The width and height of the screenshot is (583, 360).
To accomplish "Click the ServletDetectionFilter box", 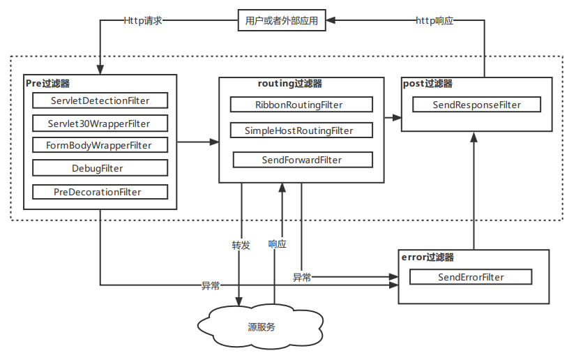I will click(x=100, y=100).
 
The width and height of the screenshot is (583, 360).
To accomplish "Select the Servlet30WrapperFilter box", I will click(x=100, y=123).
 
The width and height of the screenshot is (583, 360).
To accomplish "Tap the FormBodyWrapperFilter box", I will click(x=100, y=146).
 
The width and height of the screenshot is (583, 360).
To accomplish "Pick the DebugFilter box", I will click(x=100, y=168).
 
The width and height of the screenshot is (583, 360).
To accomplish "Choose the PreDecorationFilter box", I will click(x=100, y=192).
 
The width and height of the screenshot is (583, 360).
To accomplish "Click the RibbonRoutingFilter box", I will click(x=302, y=105).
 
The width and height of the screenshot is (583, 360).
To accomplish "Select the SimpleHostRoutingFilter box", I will click(x=302, y=130).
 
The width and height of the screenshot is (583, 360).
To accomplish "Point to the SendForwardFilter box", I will click(x=302, y=160).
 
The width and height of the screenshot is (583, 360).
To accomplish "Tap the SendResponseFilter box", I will click(x=476, y=105).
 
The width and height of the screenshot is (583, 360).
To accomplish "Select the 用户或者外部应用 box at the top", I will click(x=282, y=21).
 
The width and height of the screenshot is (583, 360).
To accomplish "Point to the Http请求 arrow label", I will click(x=143, y=21).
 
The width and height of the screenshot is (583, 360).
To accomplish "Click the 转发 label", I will click(x=241, y=245).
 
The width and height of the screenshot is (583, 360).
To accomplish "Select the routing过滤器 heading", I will click(x=290, y=83).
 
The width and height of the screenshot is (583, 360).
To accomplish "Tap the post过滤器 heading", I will click(x=428, y=83).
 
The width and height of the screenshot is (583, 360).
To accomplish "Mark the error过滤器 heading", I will click(x=427, y=257).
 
